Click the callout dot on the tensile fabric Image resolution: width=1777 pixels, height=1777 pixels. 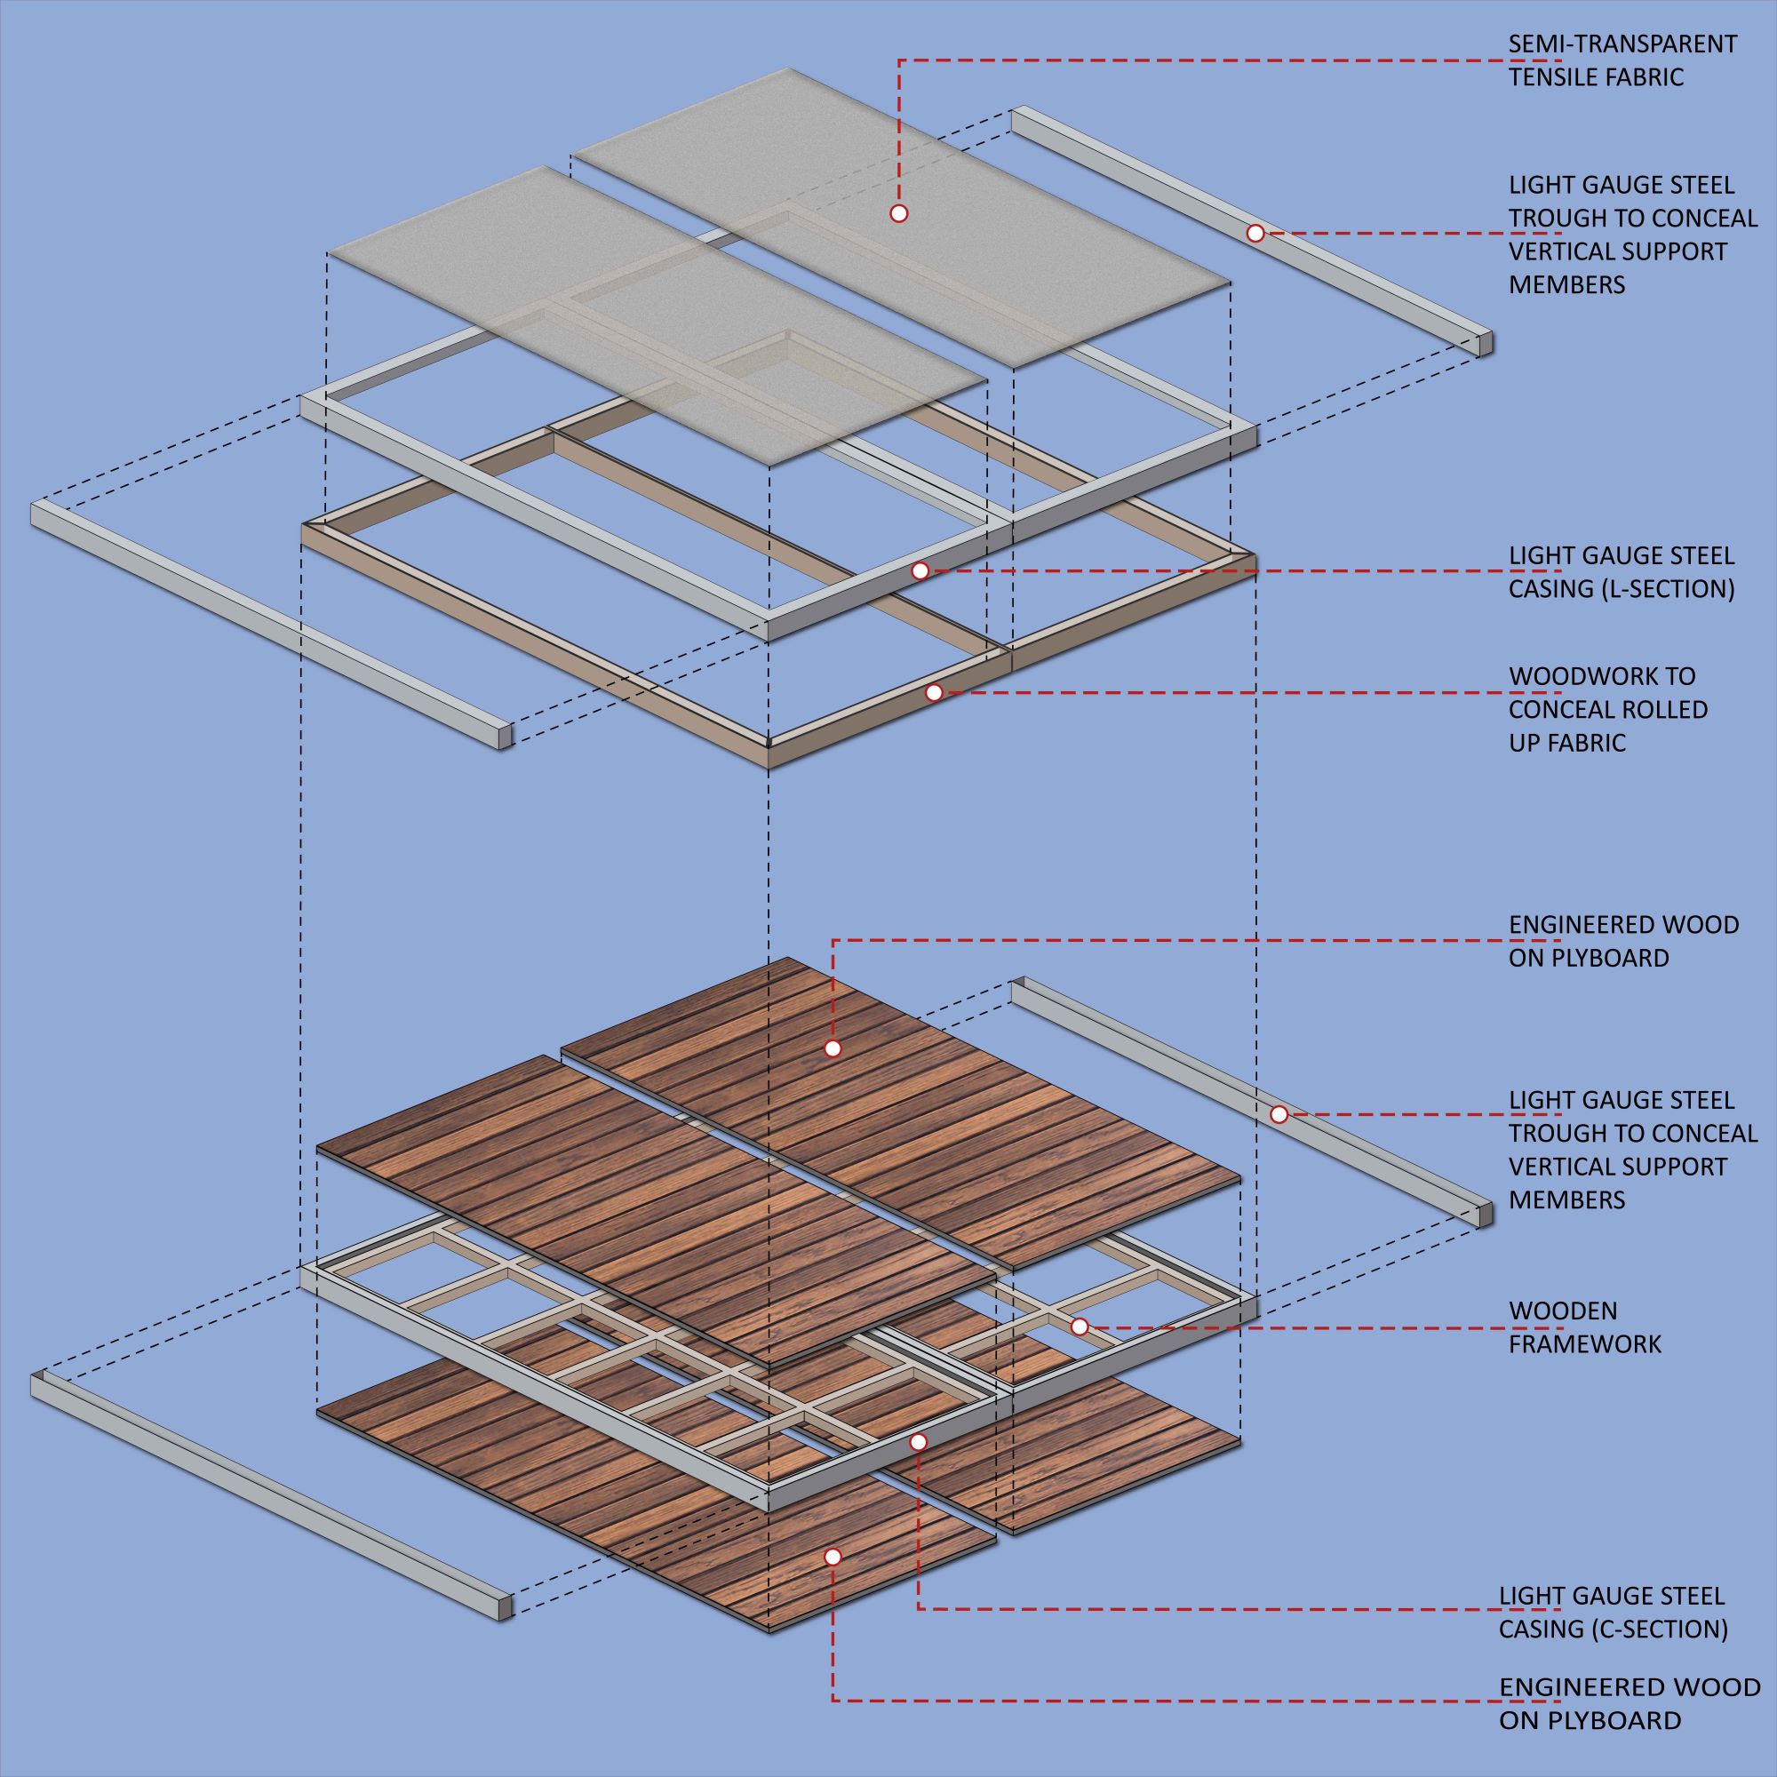[x=898, y=213]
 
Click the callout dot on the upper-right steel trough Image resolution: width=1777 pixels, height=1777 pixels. [x=1255, y=234]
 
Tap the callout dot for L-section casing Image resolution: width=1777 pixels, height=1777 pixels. [x=920, y=571]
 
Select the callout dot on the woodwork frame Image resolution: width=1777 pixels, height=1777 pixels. [x=934, y=693]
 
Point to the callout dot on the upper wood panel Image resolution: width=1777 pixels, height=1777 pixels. [x=833, y=1048]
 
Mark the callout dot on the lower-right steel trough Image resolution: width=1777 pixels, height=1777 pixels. [x=1279, y=1115]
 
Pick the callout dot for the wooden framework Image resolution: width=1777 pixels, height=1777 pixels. [x=1080, y=1327]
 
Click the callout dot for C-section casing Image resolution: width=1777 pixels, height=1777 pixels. [x=918, y=1443]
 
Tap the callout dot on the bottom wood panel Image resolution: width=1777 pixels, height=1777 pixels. [x=833, y=1558]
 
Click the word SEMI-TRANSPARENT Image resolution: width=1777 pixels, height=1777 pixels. [x=1622, y=44]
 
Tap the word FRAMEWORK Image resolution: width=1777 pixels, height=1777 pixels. [x=1585, y=1343]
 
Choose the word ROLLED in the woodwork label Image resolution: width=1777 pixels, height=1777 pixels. [x=1666, y=709]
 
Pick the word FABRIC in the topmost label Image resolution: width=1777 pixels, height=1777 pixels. [x=1646, y=77]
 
